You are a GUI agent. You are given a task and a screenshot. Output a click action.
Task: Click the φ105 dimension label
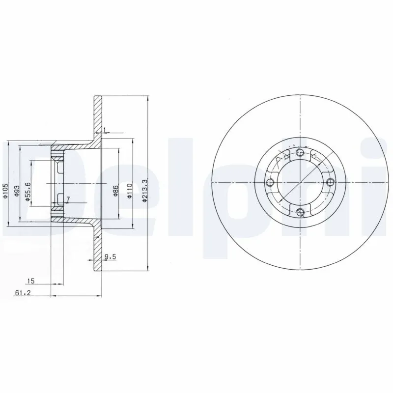(x=5, y=191)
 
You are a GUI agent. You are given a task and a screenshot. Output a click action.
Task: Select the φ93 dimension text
(x=17, y=191)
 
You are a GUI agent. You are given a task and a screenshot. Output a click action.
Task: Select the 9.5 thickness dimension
(x=110, y=256)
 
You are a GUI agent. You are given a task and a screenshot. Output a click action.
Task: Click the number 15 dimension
(x=30, y=281)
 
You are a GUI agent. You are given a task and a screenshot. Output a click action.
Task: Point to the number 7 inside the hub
(x=68, y=199)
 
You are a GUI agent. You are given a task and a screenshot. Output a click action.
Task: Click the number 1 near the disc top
(x=105, y=130)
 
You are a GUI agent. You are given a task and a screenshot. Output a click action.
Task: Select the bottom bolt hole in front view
(x=301, y=213)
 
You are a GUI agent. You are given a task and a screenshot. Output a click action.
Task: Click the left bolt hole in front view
(x=269, y=183)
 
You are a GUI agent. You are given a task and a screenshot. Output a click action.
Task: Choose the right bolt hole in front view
(x=331, y=182)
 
